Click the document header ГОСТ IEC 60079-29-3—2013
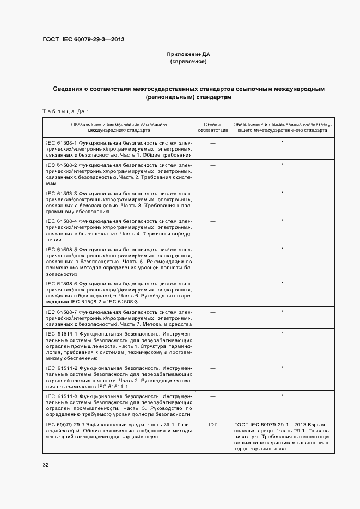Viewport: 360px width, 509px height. click(80, 40)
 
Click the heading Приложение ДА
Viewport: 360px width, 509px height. click(188, 55)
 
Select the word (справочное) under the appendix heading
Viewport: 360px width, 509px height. click(188, 62)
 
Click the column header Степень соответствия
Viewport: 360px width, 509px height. click(212, 128)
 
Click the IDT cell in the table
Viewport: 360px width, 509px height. click(212, 424)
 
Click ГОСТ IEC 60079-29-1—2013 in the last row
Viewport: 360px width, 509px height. click(270, 424)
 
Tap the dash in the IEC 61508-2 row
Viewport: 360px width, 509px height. click(212, 164)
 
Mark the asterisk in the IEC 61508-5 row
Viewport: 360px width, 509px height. click(282, 249)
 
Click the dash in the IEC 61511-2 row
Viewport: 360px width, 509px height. click(212, 368)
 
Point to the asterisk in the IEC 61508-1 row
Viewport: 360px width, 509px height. click(282, 142)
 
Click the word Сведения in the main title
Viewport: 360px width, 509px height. click(69, 88)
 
